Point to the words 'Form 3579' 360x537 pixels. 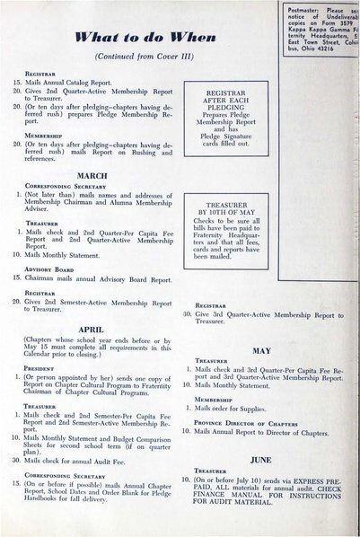coord(327,24)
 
